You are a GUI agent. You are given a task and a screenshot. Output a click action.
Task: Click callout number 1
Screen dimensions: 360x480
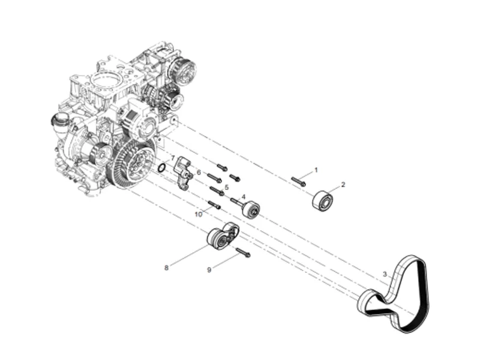(x=316, y=170)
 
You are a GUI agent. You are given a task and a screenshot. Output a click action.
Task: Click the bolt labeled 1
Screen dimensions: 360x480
(x=299, y=181)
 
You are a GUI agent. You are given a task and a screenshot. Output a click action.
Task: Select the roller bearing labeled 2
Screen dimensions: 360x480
(x=323, y=200)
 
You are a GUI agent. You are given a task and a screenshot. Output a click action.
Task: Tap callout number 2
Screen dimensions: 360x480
(x=343, y=185)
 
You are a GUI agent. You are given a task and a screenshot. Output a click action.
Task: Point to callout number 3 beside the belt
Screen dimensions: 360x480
(x=385, y=275)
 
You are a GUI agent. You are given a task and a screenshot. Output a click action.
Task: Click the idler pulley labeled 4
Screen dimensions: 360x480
(x=250, y=210)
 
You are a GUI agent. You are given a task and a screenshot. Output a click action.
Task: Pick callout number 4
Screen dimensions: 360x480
(x=244, y=196)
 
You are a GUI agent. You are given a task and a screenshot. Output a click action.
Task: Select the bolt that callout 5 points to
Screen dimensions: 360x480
(x=216, y=191)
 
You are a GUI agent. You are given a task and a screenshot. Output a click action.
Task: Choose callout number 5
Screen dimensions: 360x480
(x=227, y=187)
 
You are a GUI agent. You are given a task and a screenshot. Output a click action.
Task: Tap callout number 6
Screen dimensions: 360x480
(x=198, y=172)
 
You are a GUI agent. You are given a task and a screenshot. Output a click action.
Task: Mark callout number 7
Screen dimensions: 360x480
(x=172, y=158)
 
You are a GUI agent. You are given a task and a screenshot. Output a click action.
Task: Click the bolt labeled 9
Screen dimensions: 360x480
(x=242, y=252)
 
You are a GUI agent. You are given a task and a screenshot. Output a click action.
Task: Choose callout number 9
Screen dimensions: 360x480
(x=209, y=271)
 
